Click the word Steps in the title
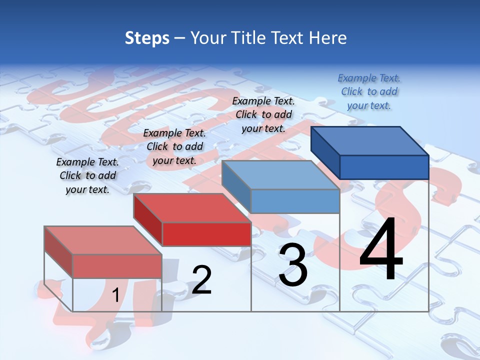click(147, 38)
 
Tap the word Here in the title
click(327, 38)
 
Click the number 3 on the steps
click(293, 265)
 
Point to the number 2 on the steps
click(201, 279)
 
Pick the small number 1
click(115, 295)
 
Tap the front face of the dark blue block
click(384, 167)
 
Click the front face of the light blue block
click(295, 201)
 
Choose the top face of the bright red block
click(192, 208)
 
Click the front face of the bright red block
click(206, 234)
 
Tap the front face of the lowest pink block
click(117, 266)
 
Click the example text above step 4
click(369, 91)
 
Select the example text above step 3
click(263, 114)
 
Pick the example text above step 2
click(174, 146)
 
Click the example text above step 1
click(87, 175)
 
